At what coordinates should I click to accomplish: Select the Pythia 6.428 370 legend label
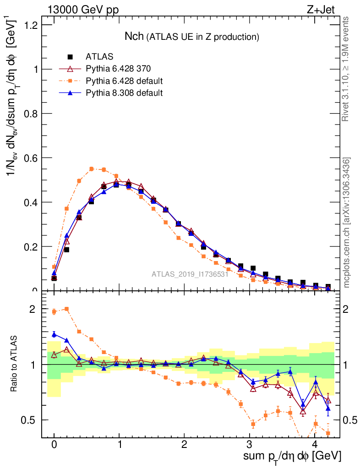pos(118,69)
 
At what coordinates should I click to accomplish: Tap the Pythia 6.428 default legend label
pos(124,81)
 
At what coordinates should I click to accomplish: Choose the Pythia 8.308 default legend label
pos(124,93)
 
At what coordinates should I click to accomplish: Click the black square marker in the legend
pos(70,57)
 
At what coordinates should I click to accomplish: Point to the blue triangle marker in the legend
pos(70,93)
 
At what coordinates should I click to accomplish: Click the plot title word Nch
pos(134,36)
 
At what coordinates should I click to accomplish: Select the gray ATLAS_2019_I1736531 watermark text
pos(190,274)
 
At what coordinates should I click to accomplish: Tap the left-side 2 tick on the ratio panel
pos(32,309)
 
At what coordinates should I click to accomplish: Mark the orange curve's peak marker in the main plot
pos(92,169)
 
